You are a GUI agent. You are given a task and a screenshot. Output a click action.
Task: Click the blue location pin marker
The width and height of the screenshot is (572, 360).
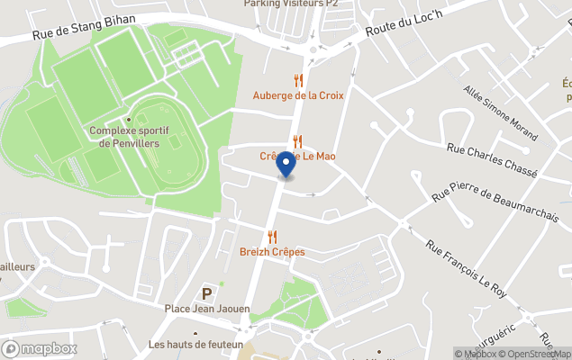coord(286,165)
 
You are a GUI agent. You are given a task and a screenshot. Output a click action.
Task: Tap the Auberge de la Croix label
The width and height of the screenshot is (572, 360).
coord(298,95)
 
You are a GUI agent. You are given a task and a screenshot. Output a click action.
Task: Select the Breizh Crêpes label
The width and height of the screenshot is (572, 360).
coord(272,252)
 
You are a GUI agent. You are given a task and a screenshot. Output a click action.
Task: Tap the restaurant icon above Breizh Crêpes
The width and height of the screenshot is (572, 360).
coord(272,238)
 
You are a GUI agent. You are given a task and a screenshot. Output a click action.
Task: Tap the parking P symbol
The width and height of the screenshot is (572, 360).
coord(207,293)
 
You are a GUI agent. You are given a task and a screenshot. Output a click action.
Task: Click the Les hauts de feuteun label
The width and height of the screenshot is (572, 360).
coord(196,345)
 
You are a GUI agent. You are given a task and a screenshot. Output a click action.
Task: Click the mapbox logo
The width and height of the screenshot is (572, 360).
coord(40,348)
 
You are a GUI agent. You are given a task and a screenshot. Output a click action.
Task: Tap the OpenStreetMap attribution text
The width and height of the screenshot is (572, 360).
coord(537,354)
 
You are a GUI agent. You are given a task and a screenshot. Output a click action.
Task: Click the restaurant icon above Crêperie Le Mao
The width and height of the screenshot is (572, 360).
coord(297,140)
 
